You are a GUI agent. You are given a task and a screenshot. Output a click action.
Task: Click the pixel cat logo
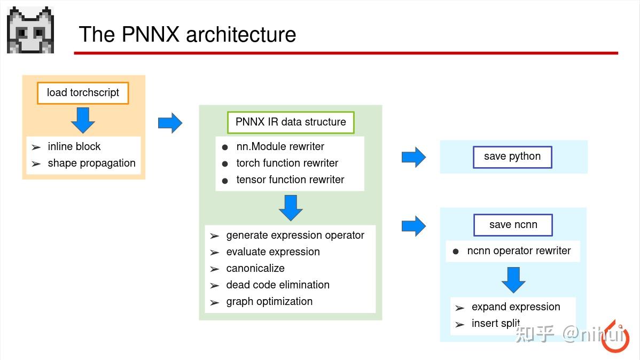[x=30, y=30]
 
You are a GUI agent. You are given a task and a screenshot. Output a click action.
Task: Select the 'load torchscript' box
[x=83, y=93]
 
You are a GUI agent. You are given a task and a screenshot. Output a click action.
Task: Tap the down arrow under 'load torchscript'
[x=83, y=120]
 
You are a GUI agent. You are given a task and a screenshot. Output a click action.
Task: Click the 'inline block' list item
[x=74, y=147]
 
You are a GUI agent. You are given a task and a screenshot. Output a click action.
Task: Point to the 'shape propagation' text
[x=91, y=163]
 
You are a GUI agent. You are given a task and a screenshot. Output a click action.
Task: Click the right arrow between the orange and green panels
[x=170, y=123]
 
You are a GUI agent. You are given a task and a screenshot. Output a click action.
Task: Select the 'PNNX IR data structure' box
[x=291, y=122]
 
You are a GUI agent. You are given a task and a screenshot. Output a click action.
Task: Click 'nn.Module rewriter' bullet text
[x=280, y=147]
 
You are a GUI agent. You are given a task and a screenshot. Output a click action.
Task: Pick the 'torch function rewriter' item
[x=287, y=163]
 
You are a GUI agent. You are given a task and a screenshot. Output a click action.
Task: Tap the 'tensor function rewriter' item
[x=290, y=180]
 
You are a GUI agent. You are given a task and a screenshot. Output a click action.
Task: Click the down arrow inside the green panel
[x=291, y=208]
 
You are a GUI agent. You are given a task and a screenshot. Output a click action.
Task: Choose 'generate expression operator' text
[x=295, y=236]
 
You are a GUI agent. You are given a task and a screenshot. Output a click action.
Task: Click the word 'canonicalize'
[x=255, y=269]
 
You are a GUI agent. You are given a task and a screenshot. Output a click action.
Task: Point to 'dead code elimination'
[x=278, y=285]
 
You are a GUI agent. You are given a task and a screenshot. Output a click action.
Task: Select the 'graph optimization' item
[x=269, y=302]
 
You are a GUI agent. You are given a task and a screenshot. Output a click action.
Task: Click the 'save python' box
[x=512, y=157]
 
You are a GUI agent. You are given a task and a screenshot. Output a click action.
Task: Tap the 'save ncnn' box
[x=513, y=225]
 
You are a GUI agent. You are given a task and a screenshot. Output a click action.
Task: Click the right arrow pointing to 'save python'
[x=413, y=157]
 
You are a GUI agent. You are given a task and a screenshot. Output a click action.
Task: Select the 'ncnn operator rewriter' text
[x=519, y=251]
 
